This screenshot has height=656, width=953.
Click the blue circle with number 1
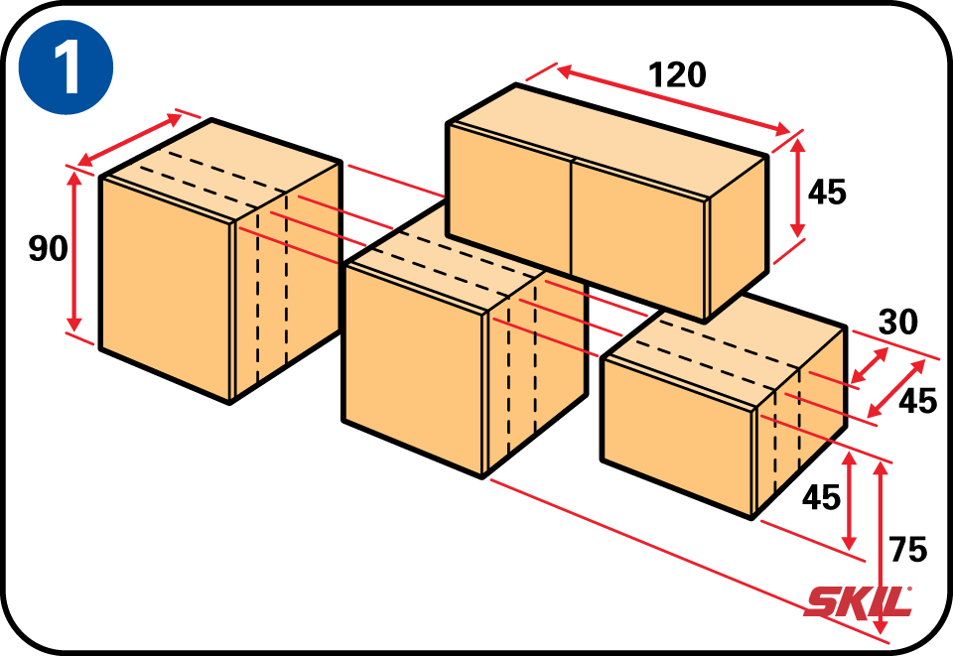66,66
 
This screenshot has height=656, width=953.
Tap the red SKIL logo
858,601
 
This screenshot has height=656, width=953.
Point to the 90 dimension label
48,248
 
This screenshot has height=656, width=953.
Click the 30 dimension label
897,322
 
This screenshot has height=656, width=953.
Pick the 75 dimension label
908,550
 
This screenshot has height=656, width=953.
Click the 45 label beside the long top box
827,193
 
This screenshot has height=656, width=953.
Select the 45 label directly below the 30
917,401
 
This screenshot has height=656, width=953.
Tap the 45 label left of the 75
821,497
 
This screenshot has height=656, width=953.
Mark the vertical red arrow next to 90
74,251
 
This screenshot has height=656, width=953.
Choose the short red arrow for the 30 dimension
870,365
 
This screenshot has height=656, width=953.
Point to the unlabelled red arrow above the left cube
130,140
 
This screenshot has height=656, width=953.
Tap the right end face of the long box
736,237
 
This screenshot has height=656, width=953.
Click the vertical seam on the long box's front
572,217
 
